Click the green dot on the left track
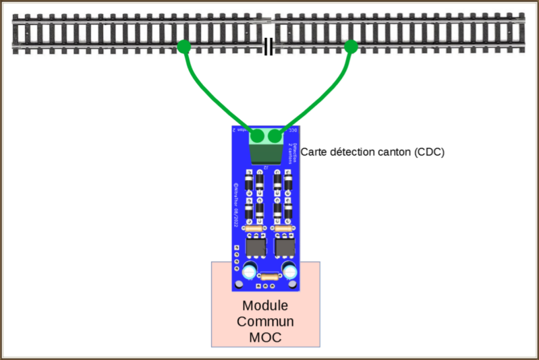coord(183,46)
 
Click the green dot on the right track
coord(351,46)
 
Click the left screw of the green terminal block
coord(258,136)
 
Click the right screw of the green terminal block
coord(275,136)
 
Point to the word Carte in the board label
coord(314,152)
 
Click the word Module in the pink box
coord(266,306)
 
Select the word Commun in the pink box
coord(266,321)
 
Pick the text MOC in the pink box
coord(266,336)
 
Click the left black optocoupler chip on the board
coord(256,248)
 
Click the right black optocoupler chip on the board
coord(285,248)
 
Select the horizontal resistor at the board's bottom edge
coord(269,276)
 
